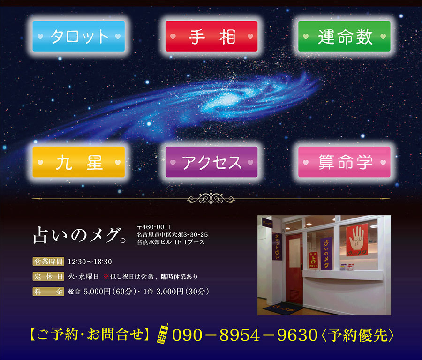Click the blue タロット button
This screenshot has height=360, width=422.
[79, 36]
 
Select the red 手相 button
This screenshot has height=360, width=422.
[211, 36]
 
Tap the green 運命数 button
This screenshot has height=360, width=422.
[344, 36]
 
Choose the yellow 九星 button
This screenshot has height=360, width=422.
[79, 162]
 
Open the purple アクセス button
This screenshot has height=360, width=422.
[211, 162]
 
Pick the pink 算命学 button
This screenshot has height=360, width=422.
[344, 162]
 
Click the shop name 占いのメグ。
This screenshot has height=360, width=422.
[79, 235]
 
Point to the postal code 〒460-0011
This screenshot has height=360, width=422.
[154, 227]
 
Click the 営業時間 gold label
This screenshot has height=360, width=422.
[48, 262]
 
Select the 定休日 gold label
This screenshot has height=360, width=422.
[48, 277]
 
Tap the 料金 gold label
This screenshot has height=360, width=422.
[48, 292]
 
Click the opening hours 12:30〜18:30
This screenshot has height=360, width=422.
[90, 262]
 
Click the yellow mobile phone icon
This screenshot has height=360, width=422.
[163, 333]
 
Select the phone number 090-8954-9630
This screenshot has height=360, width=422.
[245, 335]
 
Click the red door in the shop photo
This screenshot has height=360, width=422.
[294, 269]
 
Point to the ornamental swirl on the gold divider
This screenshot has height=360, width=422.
[211, 198]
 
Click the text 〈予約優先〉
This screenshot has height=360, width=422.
[357, 335]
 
